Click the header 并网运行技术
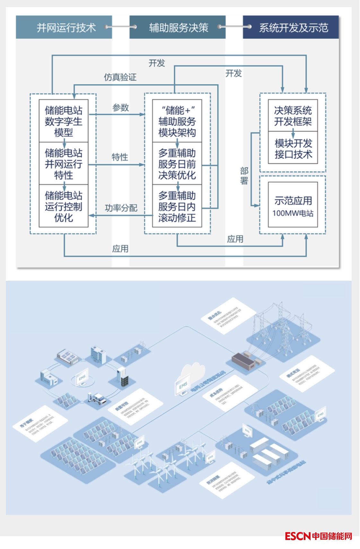66,28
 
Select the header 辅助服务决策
179,28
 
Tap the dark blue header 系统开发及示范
293,28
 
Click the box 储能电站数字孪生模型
64,121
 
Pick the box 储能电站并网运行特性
64,164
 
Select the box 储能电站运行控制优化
64,206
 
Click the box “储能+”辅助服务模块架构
177,121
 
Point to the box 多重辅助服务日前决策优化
177,164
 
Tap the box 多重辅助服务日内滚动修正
177,206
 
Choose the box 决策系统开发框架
293,116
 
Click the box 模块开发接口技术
293,149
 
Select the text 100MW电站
293,213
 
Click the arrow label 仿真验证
120,77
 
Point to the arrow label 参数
120,107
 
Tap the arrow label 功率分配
121,208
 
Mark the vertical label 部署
244,176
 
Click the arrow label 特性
120,157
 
